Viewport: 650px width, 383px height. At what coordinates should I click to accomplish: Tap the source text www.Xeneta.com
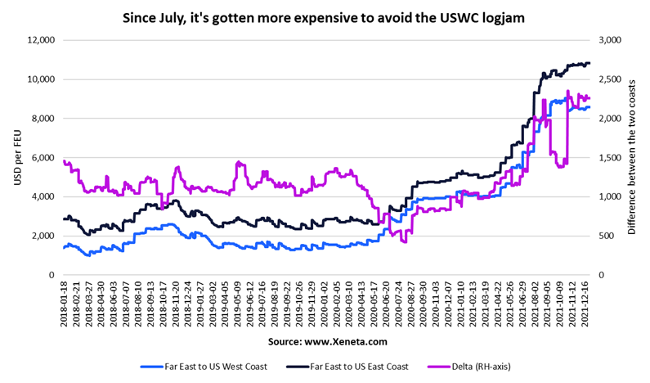point(325,340)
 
